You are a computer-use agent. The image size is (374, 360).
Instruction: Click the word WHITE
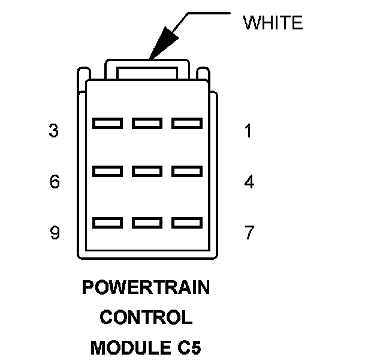tap(273, 23)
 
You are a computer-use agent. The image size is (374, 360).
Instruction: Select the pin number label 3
tap(54, 131)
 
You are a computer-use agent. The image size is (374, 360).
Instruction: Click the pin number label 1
tap(249, 131)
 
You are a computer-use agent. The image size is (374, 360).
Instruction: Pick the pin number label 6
tap(55, 181)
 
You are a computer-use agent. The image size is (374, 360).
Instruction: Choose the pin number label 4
tap(249, 181)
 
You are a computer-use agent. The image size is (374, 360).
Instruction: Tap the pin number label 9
tap(55, 232)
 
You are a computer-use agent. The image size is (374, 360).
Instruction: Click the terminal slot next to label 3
tap(108, 123)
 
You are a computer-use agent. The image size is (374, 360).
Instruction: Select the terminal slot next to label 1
tap(187, 123)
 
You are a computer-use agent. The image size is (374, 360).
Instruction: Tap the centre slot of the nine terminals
tap(147, 172)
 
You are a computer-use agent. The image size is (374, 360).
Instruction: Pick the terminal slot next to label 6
tap(108, 172)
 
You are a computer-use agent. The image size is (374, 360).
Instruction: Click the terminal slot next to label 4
tap(187, 172)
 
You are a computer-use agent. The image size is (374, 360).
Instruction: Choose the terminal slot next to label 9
tap(108, 223)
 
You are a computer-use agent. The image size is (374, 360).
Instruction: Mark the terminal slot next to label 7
tap(187, 223)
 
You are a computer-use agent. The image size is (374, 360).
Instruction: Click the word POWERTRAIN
tap(146, 288)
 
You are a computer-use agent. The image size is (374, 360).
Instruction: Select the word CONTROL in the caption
tap(146, 317)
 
